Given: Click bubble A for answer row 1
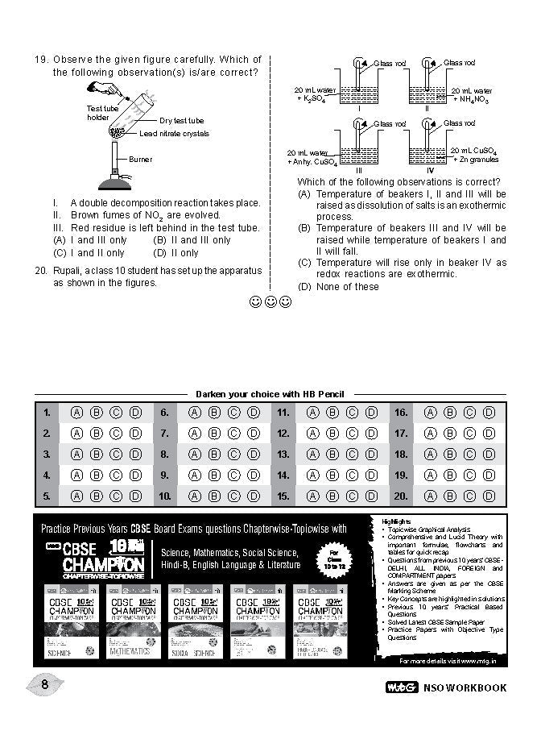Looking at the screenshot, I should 77,413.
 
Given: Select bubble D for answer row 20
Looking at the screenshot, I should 487,496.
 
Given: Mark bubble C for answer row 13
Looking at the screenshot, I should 350,455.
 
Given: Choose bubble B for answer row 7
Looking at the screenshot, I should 214,434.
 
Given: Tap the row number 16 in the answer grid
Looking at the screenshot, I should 401,413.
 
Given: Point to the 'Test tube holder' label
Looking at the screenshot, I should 98,113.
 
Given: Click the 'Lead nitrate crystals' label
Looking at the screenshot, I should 174,134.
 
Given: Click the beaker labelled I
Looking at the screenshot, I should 358,90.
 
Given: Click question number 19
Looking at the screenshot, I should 41,60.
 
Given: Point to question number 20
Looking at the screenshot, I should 41,272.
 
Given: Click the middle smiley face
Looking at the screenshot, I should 270,303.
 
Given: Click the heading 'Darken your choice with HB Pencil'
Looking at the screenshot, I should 270,395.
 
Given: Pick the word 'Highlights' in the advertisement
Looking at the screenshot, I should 396,521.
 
